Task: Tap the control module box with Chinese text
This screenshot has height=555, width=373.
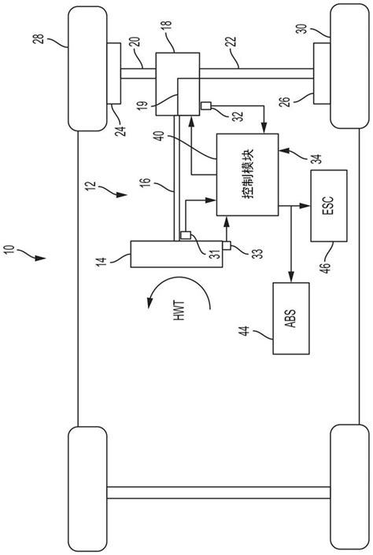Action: (x=246, y=175)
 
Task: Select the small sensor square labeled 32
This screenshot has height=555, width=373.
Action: (x=206, y=106)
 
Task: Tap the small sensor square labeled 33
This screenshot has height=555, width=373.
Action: (x=226, y=246)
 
